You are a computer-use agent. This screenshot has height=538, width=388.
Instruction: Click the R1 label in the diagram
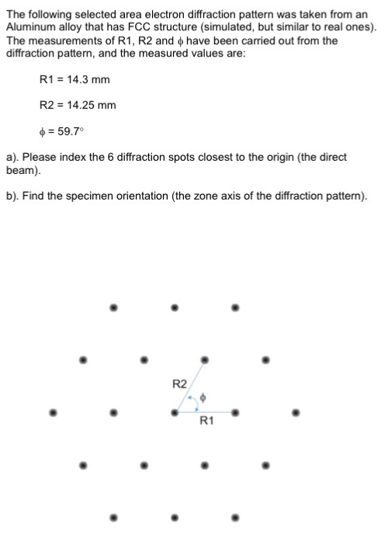point(207,422)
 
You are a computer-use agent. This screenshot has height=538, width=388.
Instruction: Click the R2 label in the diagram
point(178,384)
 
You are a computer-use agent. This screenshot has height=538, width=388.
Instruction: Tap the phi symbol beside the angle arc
point(203,397)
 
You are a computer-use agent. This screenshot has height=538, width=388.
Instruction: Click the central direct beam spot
point(174,412)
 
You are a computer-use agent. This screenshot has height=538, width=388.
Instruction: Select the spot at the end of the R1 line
point(235,412)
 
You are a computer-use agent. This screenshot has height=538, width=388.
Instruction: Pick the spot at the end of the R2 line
point(204,359)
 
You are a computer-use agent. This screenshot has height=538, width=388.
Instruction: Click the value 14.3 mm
point(85,79)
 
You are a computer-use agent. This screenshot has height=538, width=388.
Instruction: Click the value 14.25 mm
point(88,105)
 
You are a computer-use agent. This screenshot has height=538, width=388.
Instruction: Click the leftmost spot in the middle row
point(53,412)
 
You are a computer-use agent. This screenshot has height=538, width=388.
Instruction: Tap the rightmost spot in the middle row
point(296,412)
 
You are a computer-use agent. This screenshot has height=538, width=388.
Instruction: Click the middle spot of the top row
point(174,307)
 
